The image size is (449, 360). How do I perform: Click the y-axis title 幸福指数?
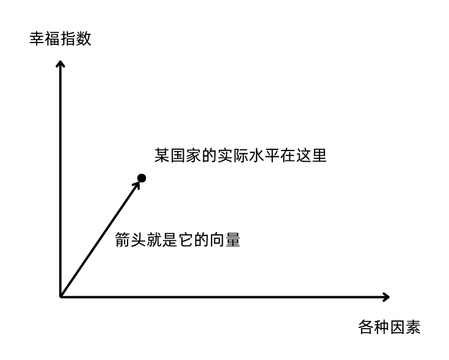click(61, 39)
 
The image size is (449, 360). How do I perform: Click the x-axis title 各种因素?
click(389, 327)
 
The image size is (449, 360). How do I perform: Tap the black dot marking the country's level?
click(142, 178)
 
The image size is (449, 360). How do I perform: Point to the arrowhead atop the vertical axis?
click(61, 63)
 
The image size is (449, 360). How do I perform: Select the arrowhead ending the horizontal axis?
click(386, 296)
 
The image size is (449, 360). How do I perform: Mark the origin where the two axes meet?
click(61, 296)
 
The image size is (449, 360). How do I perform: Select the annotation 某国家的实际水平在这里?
click(240, 156)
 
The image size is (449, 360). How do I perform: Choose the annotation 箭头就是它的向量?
click(178, 241)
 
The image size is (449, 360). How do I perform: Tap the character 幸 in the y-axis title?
click(37, 39)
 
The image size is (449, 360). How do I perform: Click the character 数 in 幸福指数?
click(84, 39)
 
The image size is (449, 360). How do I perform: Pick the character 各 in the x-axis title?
click(366, 327)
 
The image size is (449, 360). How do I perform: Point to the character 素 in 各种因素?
click(413, 327)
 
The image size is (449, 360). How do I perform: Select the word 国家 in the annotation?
click(185, 156)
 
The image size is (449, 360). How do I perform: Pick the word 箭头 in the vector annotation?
click(131, 241)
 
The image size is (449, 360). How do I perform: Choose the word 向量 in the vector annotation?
click(225, 241)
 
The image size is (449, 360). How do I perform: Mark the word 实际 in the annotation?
click(232, 156)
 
